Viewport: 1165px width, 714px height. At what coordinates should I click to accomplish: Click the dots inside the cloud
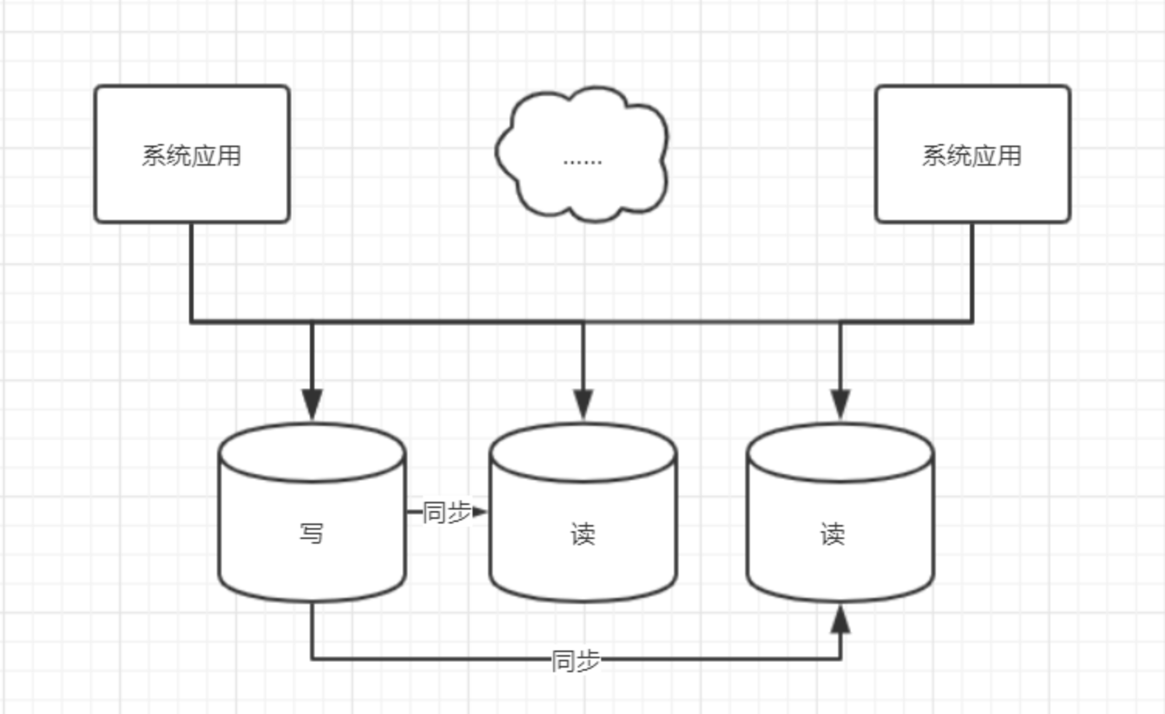(582, 162)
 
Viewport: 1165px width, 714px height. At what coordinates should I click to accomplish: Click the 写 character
(311, 534)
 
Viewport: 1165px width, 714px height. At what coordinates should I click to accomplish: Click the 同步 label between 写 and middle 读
(446, 512)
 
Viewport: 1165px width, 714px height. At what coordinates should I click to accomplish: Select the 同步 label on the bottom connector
(576, 661)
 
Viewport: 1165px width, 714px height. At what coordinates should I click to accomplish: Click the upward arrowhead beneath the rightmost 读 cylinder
(840, 620)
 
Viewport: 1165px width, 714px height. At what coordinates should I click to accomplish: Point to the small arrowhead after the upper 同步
(479, 511)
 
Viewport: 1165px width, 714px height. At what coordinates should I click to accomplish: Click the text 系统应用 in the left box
(191, 156)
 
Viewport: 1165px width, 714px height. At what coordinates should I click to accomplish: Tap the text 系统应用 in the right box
(972, 156)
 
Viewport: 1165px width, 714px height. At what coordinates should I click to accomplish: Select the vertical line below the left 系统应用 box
(191, 271)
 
